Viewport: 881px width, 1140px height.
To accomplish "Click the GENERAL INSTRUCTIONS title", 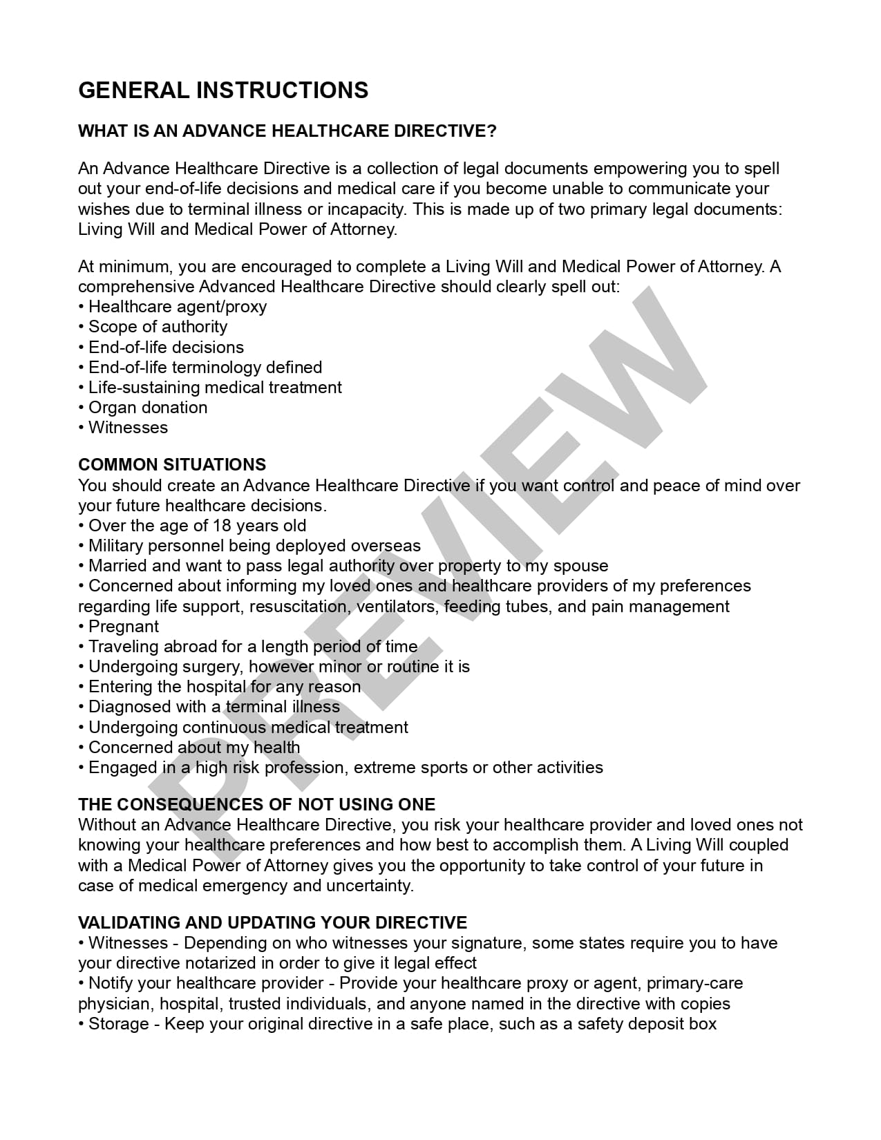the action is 223,91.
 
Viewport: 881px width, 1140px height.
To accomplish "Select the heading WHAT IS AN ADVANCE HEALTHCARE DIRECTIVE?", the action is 287,131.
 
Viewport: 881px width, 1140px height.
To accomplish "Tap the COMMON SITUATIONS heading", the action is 172,464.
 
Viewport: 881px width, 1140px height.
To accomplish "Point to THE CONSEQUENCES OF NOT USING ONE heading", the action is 256,804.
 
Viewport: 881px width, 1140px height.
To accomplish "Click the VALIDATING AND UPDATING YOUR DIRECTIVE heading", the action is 272,922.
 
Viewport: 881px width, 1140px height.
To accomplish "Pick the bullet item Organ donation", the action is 147,408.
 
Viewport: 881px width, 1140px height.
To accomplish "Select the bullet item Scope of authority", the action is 158,327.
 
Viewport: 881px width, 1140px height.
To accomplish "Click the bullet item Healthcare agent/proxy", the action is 177,307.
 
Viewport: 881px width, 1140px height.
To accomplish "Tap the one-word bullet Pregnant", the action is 123,627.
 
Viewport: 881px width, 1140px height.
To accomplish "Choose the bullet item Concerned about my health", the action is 193,748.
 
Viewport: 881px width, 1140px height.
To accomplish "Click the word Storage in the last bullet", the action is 119,1024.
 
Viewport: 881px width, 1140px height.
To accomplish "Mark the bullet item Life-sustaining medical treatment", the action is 214,388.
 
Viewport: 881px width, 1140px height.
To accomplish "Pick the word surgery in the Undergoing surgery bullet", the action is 214,667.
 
